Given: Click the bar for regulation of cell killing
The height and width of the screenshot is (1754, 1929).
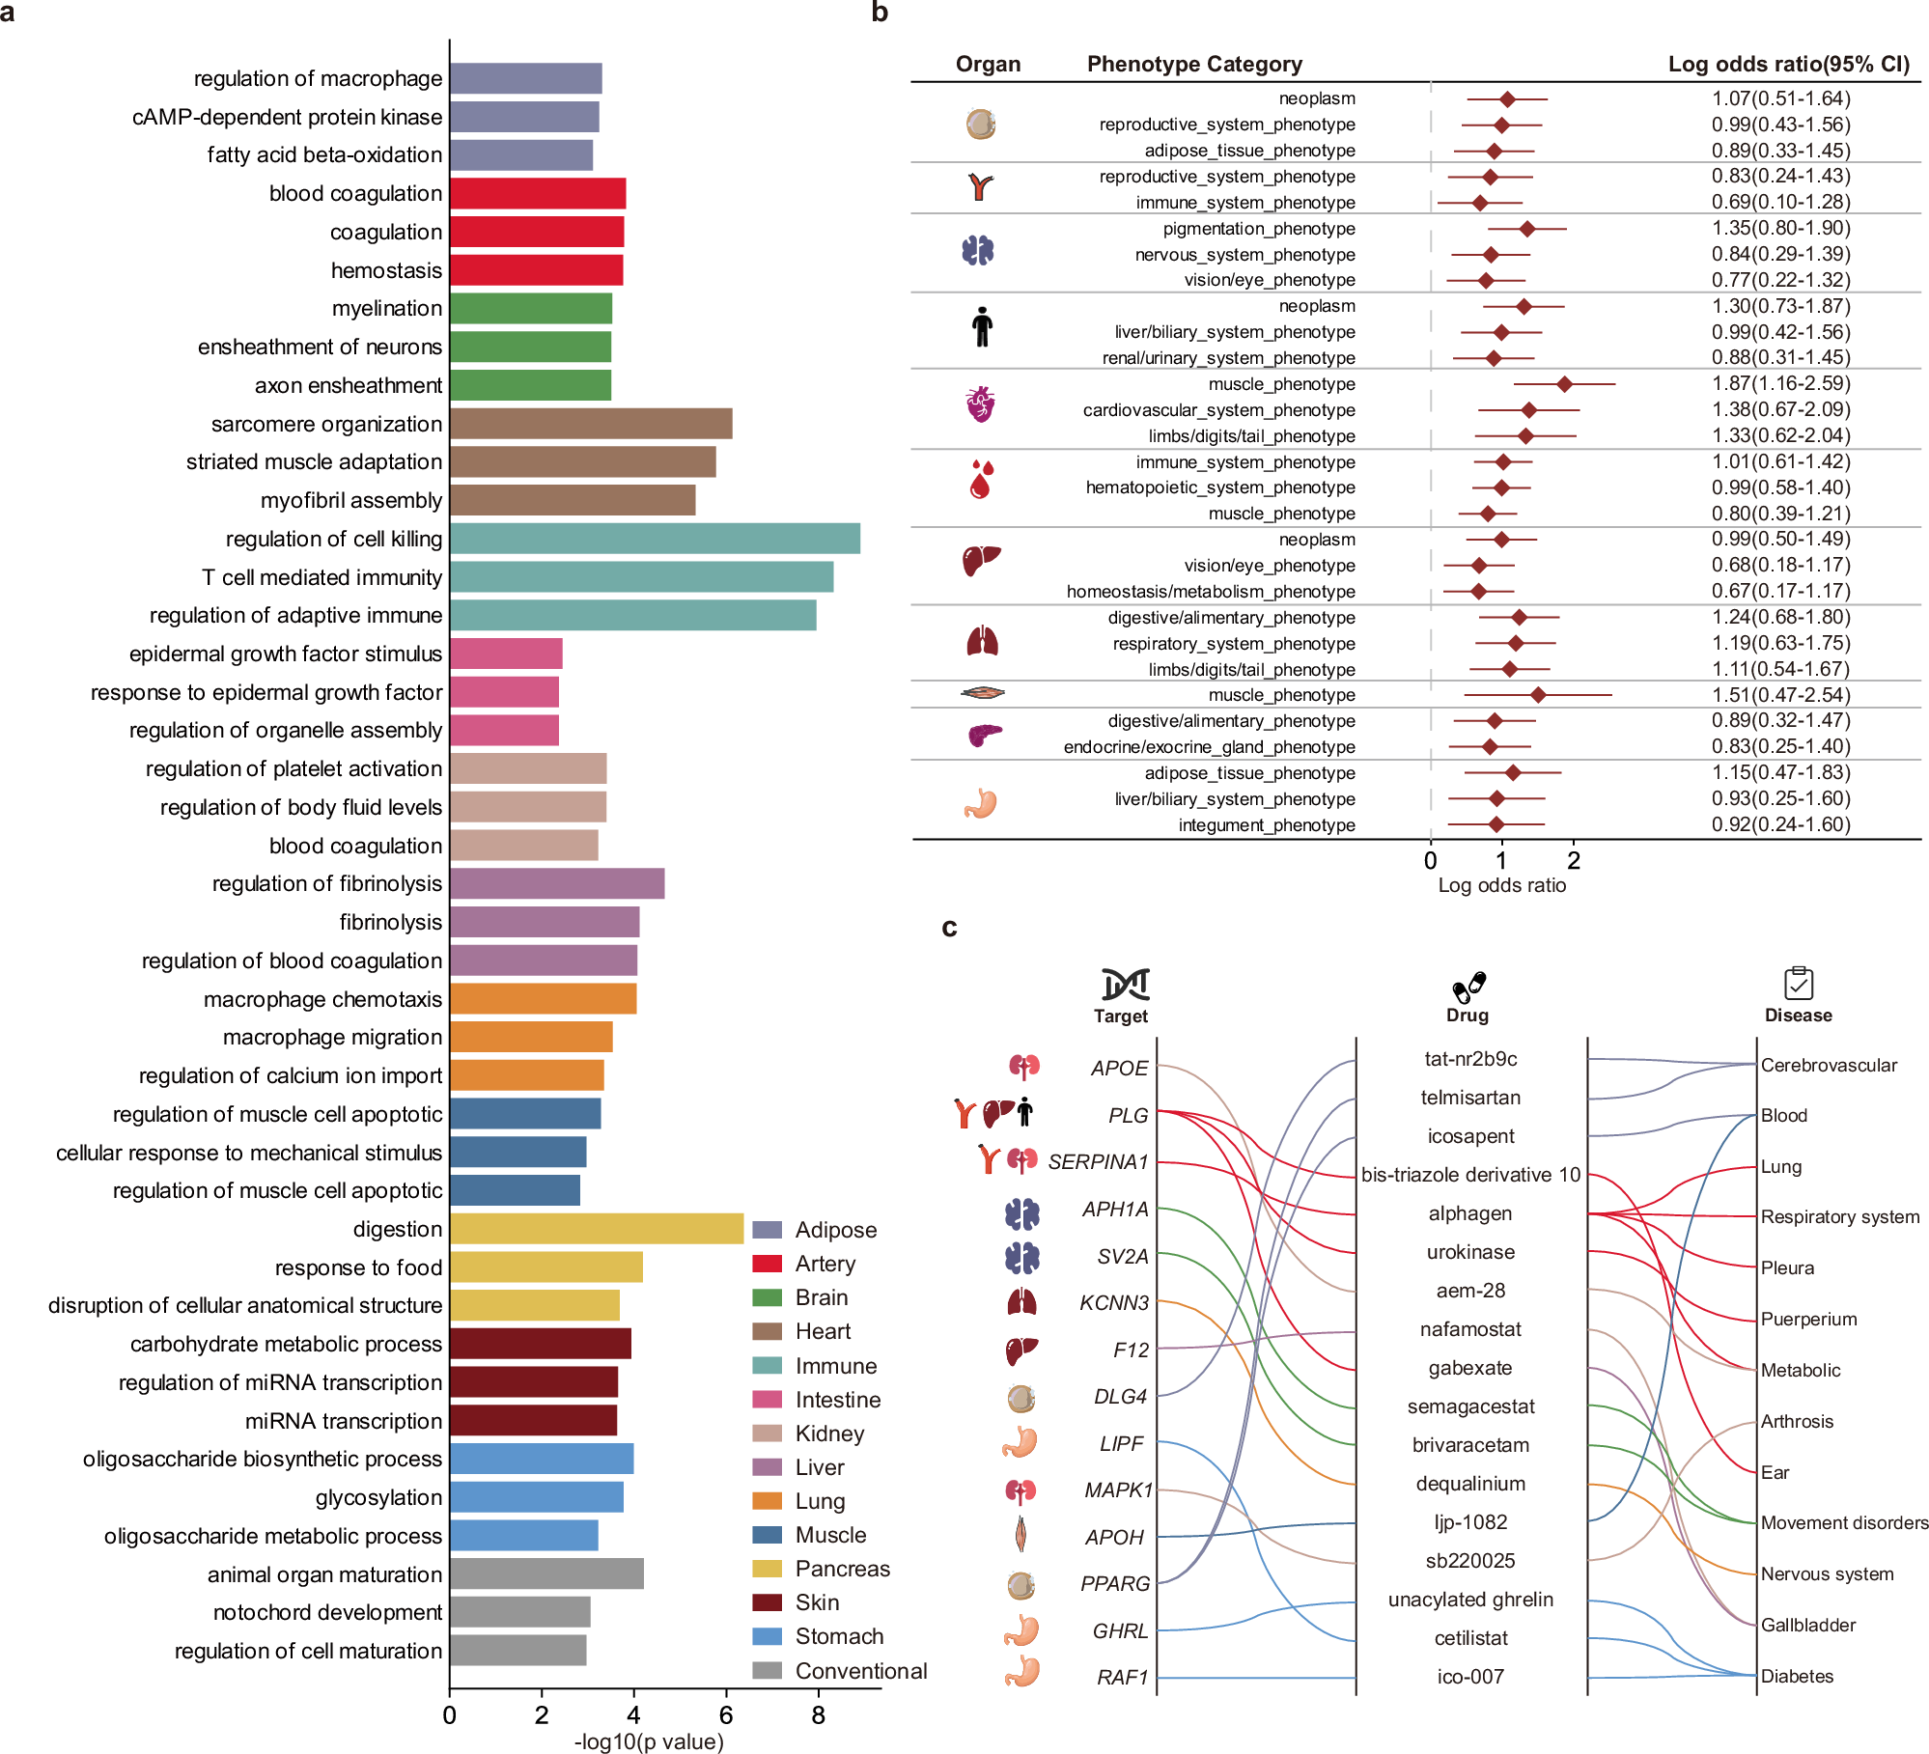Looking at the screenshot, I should click(x=655, y=539).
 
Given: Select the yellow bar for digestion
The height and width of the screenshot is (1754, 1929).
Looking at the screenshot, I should click(x=597, y=1229).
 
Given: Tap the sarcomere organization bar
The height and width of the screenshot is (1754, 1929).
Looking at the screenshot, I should click(x=591, y=424).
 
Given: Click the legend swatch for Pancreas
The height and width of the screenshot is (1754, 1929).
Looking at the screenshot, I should click(x=767, y=1569).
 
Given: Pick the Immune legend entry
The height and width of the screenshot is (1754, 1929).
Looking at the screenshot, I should click(x=835, y=1366).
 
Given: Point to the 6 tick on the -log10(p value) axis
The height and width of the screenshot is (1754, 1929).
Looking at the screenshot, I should click(x=726, y=1715).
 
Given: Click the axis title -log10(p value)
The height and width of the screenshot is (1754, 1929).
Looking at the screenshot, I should click(x=649, y=1741).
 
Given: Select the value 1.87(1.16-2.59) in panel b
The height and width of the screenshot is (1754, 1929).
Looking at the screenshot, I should click(x=1780, y=383).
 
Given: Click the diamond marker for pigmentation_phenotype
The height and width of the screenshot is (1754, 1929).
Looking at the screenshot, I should click(x=1526, y=229).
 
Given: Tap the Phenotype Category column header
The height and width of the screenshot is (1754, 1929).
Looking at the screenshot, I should click(x=1194, y=64).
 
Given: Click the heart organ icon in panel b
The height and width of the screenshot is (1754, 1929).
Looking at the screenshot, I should click(x=980, y=404).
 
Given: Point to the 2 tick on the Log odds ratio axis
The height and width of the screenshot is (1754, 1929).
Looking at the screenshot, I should click(x=1574, y=861).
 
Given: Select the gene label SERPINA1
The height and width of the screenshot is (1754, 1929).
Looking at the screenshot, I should click(x=1098, y=1162).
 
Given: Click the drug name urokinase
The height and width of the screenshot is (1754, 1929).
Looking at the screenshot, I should click(x=1470, y=1252).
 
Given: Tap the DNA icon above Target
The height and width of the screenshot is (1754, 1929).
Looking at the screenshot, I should click(x=1125, y=984).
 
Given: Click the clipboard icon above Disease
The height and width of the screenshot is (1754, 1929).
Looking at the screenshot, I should click(x=1798, y=983).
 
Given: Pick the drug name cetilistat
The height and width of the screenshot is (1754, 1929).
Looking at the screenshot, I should click(x=1470, y=1638).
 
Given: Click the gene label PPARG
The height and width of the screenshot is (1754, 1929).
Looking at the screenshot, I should click(x=1115, y=1584).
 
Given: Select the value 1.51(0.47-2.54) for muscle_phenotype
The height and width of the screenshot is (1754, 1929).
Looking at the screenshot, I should click(x=1780, y=695).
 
